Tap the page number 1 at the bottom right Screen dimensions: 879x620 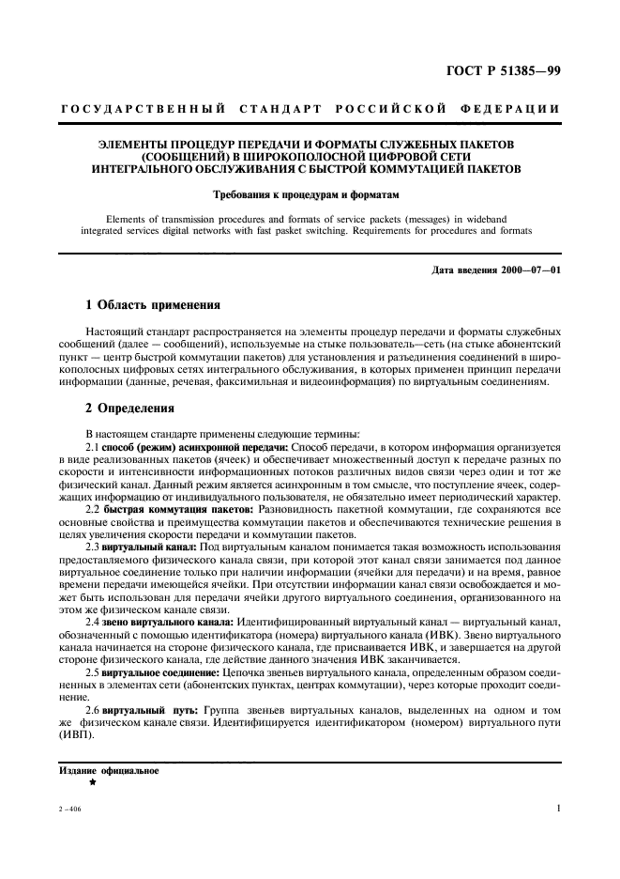(x=558, y=809)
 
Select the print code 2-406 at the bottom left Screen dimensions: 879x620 (x=68, y=810)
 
